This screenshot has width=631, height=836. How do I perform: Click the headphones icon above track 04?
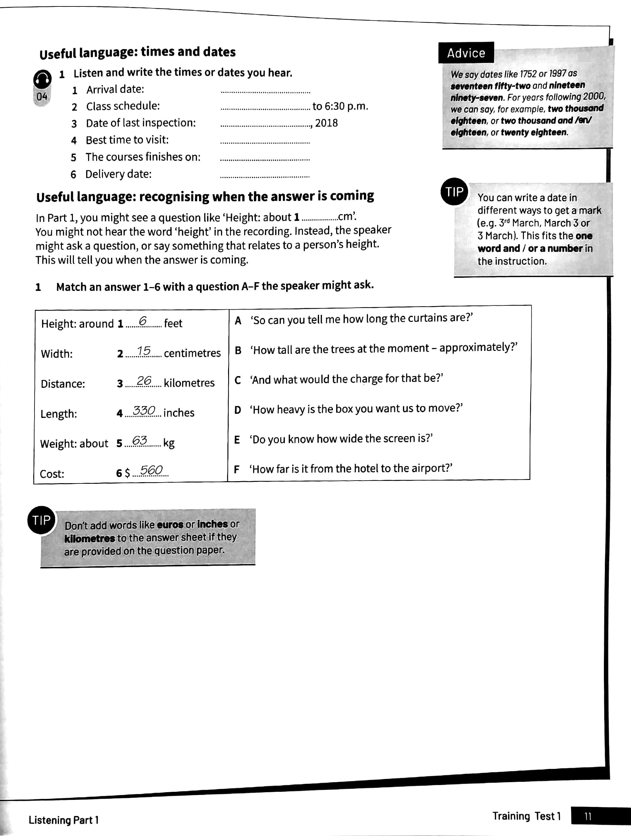pos(42,79)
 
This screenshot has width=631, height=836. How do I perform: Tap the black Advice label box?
pos(466,53)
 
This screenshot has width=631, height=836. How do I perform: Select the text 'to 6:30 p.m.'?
pos(340,106)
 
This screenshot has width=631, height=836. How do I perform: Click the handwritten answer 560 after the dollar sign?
pos(151,470)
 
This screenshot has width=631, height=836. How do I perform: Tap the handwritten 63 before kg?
pos(139,440)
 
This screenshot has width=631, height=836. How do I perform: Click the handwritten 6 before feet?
pos(143,321)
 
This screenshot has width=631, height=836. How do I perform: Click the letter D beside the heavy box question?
pos(237,410)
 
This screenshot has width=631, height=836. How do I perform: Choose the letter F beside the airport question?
pos(237,469)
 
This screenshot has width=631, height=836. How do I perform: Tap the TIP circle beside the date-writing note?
pos(454,192)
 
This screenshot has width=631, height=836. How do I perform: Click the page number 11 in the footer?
pos(587,816)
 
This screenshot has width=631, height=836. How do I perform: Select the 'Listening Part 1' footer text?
pos(64,820)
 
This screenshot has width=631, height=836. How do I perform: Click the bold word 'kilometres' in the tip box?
pos(90,538)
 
